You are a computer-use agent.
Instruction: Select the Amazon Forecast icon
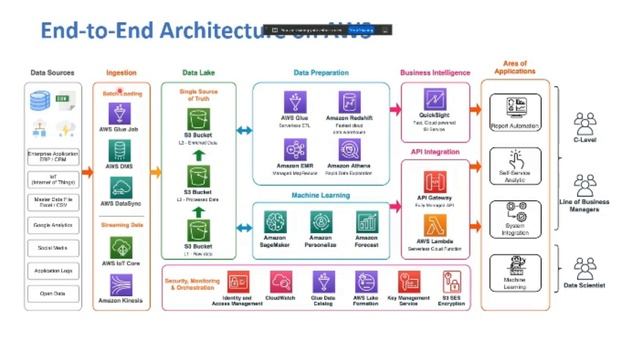tap(366, 222)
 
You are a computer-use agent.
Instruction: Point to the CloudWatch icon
tap(280, 283)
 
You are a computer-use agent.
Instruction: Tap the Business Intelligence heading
tap(436, 72)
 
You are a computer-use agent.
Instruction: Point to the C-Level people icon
tap(584, 122)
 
